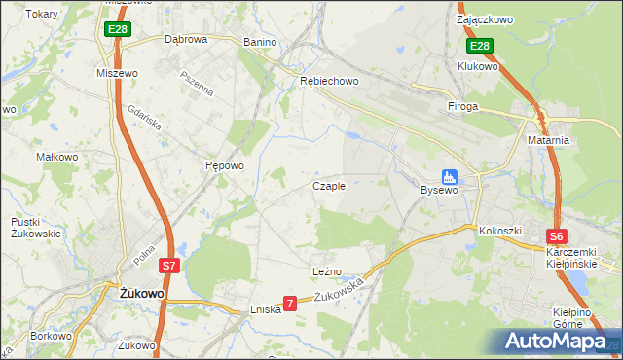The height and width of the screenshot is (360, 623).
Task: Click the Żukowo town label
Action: (x=141, y=292)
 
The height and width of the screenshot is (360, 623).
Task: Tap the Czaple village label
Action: (x=329, y=186)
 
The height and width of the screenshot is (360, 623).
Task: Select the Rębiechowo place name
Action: (x=330, y=81)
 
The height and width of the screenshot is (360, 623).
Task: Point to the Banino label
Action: (x=260, y=42)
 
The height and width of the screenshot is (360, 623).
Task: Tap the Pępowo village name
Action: (x=224, y=165)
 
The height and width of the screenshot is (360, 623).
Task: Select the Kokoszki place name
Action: (x=500, y=231)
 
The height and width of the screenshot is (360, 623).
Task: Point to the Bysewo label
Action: (x=439, y=190)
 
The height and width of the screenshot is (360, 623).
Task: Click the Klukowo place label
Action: (x=478, y=66)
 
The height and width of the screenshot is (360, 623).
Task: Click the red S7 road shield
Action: (x=169, y=265)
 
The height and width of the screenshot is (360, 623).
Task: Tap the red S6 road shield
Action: (x=556, y=235)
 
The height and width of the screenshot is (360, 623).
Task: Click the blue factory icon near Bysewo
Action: (x=449, y=176)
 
